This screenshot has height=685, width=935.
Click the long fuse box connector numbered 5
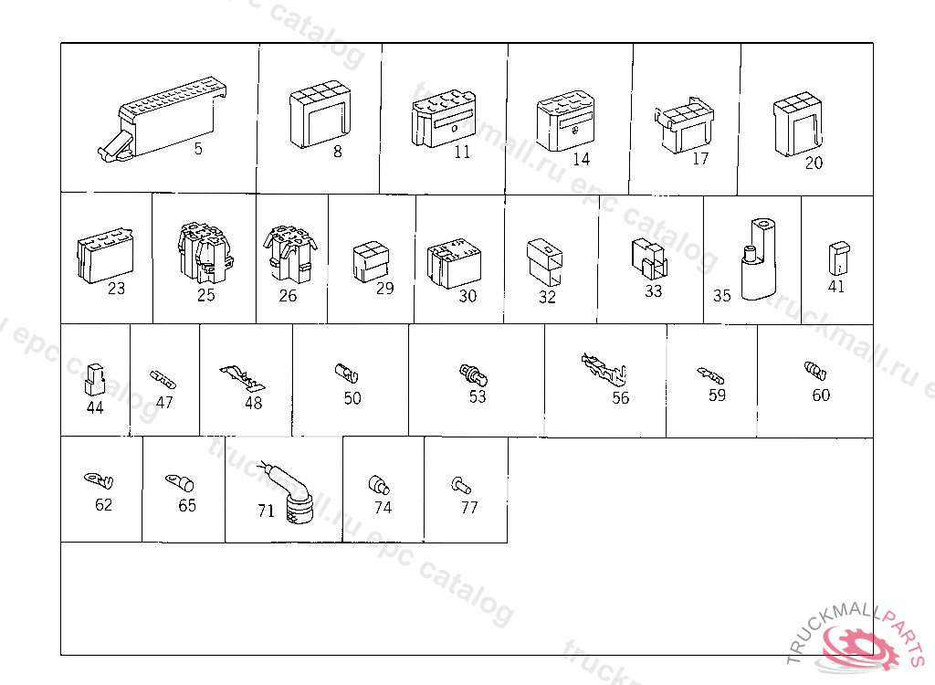pyautogui.click(x=162, y=120)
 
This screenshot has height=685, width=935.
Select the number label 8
pyautogui.click(x=338, y=153)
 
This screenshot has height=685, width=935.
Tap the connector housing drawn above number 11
pyautogui.click(x=443, y=118)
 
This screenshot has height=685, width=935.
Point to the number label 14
pyautogui.click(x=581, y=159)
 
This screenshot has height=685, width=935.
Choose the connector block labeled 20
pyautogui.click(x=797, y=124)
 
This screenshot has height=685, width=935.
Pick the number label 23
pyautogui.click(x=116, y=289)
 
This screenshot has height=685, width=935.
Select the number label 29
pyautogui.click(x=384, y=289)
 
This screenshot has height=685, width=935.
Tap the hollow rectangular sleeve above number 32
pyautogui.click(x=544, y=262)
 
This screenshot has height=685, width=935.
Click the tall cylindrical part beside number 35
pyautogui.click(x=759, y=259)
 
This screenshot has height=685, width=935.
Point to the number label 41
pyautogui.click(x=836, y=287)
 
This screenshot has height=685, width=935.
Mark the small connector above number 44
pyautogui.click(x=95, y=380)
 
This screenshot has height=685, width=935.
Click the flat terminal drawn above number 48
pyautogui.click(x=242, y=378)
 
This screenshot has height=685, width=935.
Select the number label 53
pyautogui.click(x=477, y=396)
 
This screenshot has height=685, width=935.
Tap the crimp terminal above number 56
pyautogui.click(x=604, y=371)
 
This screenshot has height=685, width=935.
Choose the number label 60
pyautogui.click(x=821, y=395)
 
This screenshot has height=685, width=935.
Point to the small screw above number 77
pyautogui.click(x=461, y=485)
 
